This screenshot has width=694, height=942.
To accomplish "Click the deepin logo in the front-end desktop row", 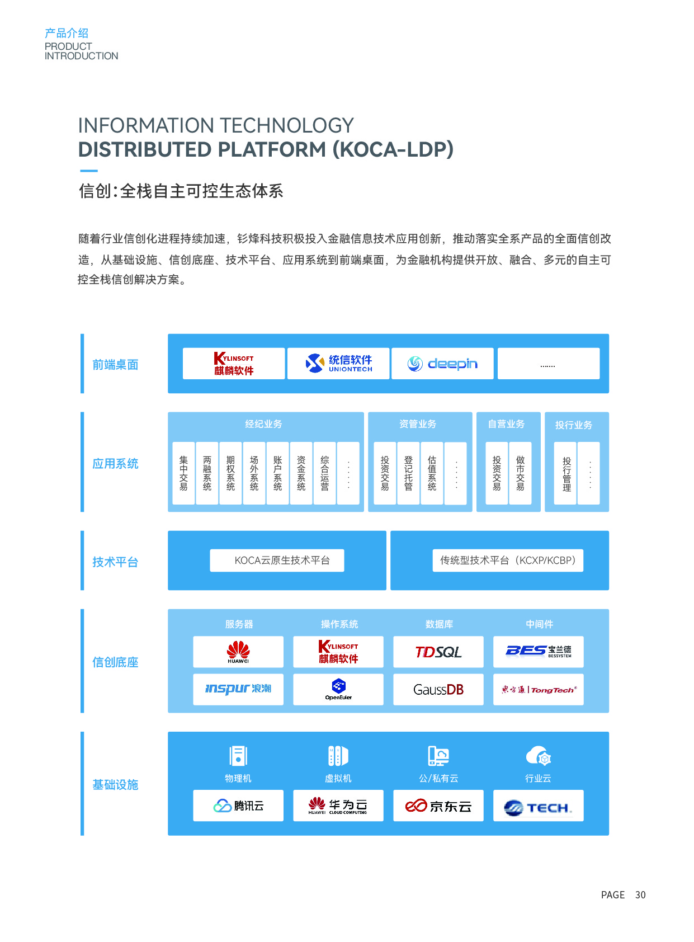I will [442, 364].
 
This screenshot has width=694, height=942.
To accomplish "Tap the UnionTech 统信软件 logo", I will [338, 364].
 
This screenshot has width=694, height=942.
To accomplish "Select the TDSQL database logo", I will [438, 652].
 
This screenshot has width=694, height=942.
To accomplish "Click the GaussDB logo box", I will [438, 689].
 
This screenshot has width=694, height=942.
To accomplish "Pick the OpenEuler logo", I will [338, 689].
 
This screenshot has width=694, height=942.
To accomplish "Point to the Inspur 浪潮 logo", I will [238, 689].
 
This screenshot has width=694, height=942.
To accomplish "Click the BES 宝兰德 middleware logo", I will [539, 652].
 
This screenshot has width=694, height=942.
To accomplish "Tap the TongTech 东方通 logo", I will [539, 689].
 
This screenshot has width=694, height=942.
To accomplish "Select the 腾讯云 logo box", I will [238, 806].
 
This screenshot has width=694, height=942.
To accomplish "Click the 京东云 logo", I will [438, 806].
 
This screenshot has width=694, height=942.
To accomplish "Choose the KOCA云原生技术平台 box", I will [277, 561].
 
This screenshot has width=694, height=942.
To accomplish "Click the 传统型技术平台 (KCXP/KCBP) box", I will [508, 561].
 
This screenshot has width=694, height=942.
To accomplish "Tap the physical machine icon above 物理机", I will [238, 756].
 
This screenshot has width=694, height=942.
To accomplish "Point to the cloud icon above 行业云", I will [539, 756].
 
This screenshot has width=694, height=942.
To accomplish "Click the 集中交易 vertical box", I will [183, 473].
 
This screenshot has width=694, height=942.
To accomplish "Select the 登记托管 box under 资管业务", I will [408, 473].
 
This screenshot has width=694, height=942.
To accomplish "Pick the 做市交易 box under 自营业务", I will [520, 473].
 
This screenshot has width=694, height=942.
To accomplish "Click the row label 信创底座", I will [115, 662].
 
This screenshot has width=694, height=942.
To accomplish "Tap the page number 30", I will [640, 895].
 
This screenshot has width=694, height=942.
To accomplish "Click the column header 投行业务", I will [574, 425].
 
